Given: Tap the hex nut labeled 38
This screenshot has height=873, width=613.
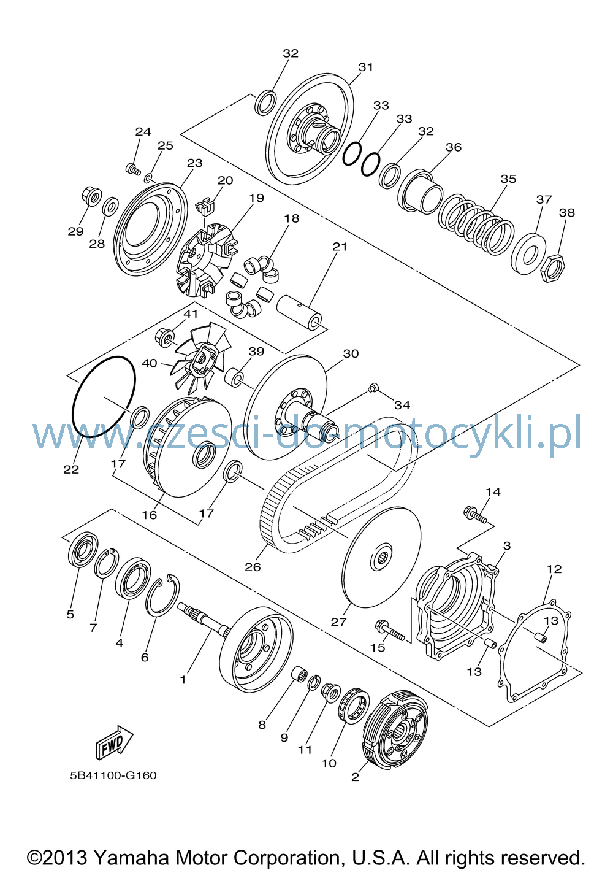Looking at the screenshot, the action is (x=554, y=267).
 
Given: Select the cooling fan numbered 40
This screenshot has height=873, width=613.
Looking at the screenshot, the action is (x=200, y=356).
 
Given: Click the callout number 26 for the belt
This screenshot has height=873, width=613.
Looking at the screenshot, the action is (x=253, y=566).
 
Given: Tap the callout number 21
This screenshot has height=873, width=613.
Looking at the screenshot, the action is (x=340, y=247).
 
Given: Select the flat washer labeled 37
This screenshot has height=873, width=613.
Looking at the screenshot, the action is (x=528, y=253).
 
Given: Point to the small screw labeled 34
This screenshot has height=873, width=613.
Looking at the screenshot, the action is (x=373, y=388).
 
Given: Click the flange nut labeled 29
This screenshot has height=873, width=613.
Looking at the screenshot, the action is (x=91, y=196).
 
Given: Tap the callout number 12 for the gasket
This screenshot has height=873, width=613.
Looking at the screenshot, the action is (x=554, y=569).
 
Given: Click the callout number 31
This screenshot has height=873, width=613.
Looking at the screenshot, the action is (x=366, y=67).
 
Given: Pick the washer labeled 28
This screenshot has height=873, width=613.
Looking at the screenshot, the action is (x=110, y=206).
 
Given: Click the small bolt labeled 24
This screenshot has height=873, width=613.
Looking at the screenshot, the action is (x=133, y=169).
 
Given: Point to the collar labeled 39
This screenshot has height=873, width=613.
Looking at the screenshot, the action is (x=235, y=377).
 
